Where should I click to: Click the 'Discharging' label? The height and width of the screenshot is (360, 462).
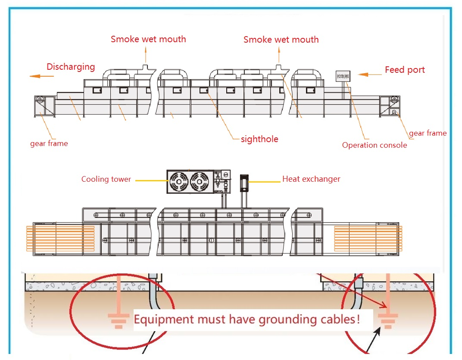click(x=71, y=67)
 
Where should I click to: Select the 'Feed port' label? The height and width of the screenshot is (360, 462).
click(x=405, y=70)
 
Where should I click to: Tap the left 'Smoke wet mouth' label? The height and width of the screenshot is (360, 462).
click(x=148, y=39)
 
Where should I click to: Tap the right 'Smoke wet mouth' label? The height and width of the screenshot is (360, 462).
click(x=281, y=40)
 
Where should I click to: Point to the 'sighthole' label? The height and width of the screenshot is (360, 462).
click(x=259, y=139)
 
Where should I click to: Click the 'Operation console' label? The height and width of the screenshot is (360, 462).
click(x=375, y=145)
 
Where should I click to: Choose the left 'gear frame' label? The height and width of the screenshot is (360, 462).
click(x=49, y=143)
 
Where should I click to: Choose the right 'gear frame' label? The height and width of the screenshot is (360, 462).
click(x=428, y=133)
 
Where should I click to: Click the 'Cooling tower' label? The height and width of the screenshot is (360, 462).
click(x=106, y=179)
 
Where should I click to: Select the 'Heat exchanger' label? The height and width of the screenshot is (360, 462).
click(x=311, y=179)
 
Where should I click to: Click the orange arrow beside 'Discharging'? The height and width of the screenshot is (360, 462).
click(x=41, y=76)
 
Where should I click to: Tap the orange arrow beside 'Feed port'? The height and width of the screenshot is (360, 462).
click(x=369, y=74)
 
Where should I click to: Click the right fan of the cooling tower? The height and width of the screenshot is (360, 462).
click(x=201, y=181)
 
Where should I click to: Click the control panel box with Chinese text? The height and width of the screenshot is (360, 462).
click(x=343, y=76)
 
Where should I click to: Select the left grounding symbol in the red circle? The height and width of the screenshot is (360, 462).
click(x=119, y=320)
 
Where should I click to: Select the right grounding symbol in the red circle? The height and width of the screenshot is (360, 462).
click(x=387, y=320)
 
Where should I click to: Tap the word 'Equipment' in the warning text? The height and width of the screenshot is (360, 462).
click(x=164, y=320)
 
